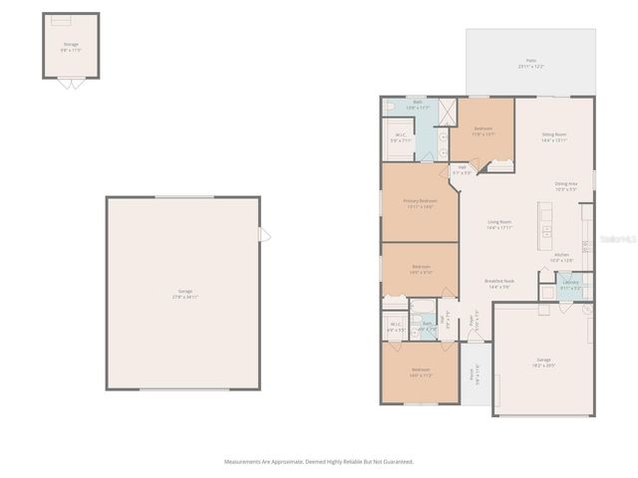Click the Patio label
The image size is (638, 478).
(x=529, y=64)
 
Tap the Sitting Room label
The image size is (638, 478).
(x=554, y=137)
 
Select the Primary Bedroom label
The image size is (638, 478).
(x=420, y=203)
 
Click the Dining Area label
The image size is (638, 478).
(x=566, y=186)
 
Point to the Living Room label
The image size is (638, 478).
(x=498, y=224)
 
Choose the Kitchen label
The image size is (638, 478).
(x=561, y=257)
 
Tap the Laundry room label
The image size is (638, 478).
(x=571, y=285)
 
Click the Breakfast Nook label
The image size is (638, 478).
(x=498, y=284)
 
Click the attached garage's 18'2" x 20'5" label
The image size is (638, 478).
(x=543, y=361)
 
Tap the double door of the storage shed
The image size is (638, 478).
(x=70, y=83)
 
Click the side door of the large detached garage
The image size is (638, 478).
(x=264, y=235)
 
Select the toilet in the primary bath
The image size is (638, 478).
(x=391, y=105)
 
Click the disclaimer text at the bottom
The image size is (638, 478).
(x=318, y=461)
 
